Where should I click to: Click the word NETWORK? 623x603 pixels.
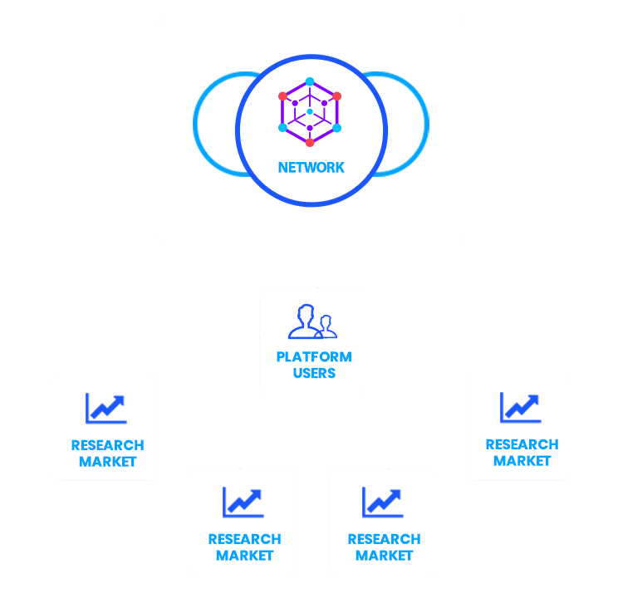pos(311,167)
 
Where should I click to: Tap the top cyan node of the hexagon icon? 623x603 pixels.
pos(310,81)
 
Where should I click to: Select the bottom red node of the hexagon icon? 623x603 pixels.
pos(310,142)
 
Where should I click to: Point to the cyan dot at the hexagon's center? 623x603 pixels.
pos(310,111)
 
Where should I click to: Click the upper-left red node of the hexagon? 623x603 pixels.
pos(283,96)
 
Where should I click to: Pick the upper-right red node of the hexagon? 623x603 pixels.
pos(336,96)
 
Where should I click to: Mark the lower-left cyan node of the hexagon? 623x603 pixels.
pos(283,128)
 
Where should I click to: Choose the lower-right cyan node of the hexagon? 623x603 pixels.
pos(336,128)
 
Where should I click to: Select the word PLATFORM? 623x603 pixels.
pos(314,357)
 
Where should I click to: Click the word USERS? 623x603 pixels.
pos(314,373)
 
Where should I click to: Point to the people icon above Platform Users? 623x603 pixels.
pos(312,321)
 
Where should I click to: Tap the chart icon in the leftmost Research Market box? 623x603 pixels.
pos(105,408)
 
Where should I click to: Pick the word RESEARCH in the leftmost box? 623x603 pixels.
pos(107,445)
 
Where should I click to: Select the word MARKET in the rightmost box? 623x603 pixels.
pos(522,461)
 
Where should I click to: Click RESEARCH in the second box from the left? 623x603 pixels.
pos(244,539)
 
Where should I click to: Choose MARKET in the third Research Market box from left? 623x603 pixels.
pos(384,555)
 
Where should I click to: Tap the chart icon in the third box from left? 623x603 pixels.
pos(382,502)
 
